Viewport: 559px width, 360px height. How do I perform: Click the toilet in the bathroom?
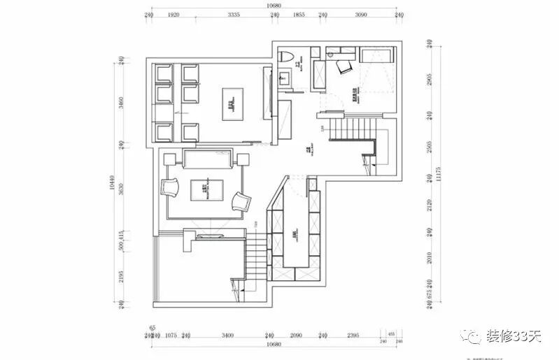tap(285, 56)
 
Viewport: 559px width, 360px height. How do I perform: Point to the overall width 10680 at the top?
tap(275, 6)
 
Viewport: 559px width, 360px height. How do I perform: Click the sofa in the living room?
tap(208, 159)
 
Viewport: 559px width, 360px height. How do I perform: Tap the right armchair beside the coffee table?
tap(241, 201)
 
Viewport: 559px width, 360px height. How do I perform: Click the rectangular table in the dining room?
tap(232, 103)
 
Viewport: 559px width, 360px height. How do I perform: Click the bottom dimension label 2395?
tap(353, 336)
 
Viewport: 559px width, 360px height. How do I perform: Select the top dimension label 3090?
tap(361, 15)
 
